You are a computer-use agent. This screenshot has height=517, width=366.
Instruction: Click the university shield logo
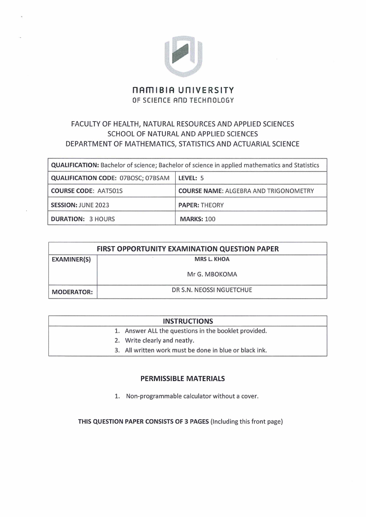[183, 55]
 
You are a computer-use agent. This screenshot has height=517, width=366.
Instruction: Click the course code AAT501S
[98, 191]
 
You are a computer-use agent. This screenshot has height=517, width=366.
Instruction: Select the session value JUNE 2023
[94, 205]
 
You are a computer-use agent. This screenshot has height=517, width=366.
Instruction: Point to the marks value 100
[210, 219]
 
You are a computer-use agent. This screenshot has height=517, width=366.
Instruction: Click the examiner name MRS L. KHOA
[212, 259]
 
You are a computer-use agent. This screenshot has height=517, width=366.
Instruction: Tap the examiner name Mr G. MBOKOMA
[212, 274]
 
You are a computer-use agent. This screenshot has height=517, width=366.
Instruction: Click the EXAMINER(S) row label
[71, 260]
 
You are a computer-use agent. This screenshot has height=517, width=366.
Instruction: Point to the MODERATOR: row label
[72, 292]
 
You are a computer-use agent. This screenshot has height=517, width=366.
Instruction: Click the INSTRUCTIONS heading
[188, 321]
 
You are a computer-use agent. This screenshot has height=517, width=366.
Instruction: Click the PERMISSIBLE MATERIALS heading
[183, 378]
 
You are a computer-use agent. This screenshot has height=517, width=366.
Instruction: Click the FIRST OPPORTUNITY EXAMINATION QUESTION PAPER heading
[188, 248]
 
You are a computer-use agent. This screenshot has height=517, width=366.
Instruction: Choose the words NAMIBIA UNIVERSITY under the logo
[183, 90]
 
